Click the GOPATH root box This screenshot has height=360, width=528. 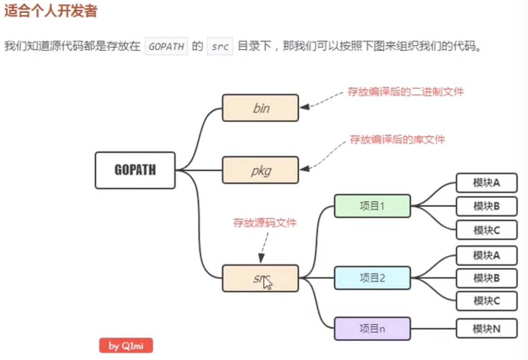(x=135, y=170)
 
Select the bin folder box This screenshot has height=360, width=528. (x=260, y=108)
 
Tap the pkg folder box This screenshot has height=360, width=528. (x=260, y=170)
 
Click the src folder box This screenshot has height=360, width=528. (x=260, y=278)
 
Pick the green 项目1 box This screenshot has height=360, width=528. (x=372, y=206)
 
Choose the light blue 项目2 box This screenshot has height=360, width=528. (x=372, y=278)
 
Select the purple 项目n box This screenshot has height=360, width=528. (x=372, y=328)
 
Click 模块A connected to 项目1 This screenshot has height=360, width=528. (x=486, y=183)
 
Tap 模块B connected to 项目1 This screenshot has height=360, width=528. (x=486, y=206)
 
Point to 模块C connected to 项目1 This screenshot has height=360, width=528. (x=486, y=230)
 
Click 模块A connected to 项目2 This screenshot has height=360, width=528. (x=486, y=255)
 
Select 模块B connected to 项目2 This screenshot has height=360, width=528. (x=486, y=278)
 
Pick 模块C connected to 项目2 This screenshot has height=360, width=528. (x=486, y=301)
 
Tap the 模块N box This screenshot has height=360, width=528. (x=486, y=328)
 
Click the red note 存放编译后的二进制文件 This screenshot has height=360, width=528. (x=405, y=92)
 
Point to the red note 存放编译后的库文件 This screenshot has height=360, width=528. (x=397, y=140)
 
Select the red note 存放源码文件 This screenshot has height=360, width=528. (x=265, y=223)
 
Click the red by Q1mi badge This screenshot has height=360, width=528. (x=126, y=346)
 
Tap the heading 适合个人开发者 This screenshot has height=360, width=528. (x=51, y=11)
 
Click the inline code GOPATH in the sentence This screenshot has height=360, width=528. (x=166, y=47)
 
